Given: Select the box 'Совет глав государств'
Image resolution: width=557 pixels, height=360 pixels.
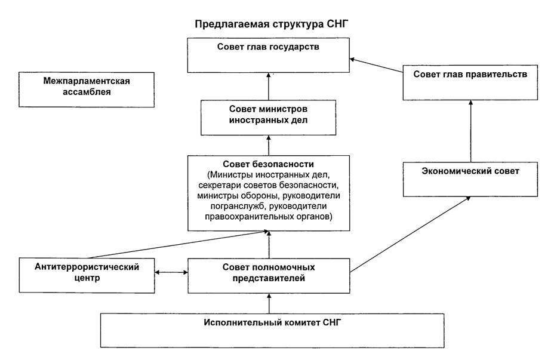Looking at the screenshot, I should coord(268,55).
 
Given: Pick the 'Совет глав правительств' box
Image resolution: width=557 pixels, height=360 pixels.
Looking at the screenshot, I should coord(470,82).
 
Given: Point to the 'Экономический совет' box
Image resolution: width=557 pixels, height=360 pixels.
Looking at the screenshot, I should coord(470,178).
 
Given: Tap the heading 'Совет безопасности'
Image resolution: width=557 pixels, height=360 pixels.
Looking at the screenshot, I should coord(269,164).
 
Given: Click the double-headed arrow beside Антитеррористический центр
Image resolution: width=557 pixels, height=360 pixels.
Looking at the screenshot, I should coord(171,273).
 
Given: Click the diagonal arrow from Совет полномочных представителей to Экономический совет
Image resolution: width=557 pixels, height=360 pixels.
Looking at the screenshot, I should coord(409,235).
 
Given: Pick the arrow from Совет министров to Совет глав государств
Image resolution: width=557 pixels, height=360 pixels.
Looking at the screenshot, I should coord(268,86).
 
